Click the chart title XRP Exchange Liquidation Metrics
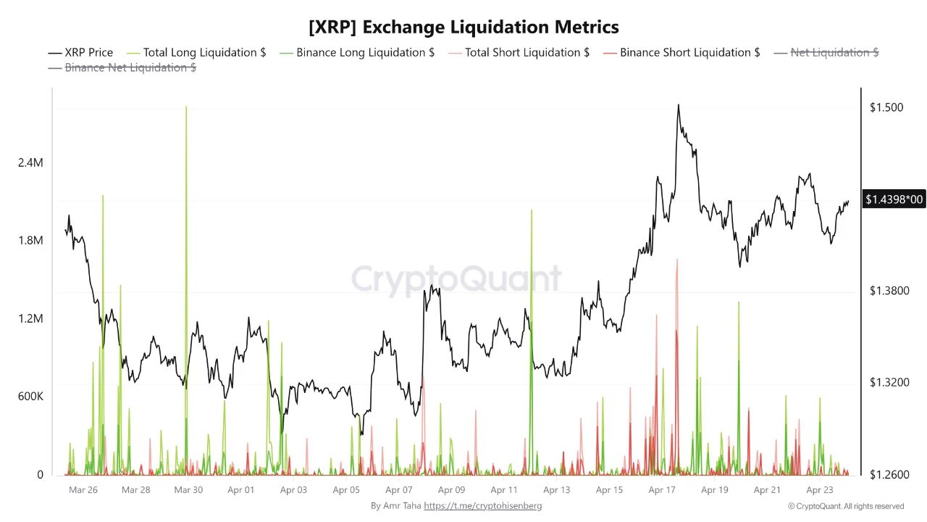(463, 28)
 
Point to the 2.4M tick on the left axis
(30, 163)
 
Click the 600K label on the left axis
(30, 397)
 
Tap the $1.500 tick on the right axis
(886, 108)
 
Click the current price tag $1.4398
(894, 199)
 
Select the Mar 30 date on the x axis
(188, 490)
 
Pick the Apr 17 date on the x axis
(662, 490)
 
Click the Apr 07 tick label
(399, 490)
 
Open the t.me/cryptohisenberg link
(482, 506)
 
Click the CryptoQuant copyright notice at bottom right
(845, 506)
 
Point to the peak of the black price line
(678, 104)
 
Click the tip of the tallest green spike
(186, 107)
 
